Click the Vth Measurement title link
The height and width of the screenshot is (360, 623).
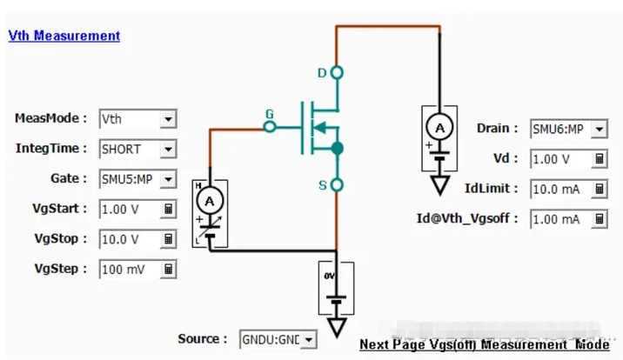(x=64, y=36)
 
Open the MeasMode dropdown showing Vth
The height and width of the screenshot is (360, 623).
(x=137, y=118)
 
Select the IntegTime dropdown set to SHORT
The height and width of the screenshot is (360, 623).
(x=137, y=149)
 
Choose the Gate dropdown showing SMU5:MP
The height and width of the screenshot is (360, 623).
(x=137, y=179)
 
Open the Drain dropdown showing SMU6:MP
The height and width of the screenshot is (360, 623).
(x=568, y=129)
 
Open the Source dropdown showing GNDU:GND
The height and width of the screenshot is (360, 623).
(x=277, y=339)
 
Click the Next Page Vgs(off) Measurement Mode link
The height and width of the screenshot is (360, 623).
(x=485, y=344)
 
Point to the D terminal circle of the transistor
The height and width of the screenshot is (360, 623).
(x=337, y=72)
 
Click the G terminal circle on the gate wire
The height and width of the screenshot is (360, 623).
(x=270, y=127)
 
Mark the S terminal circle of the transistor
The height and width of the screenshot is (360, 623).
(x=337, y=184)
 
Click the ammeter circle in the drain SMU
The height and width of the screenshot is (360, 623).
(x=440, y=127)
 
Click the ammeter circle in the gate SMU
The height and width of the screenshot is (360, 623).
(x=209, y=201)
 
